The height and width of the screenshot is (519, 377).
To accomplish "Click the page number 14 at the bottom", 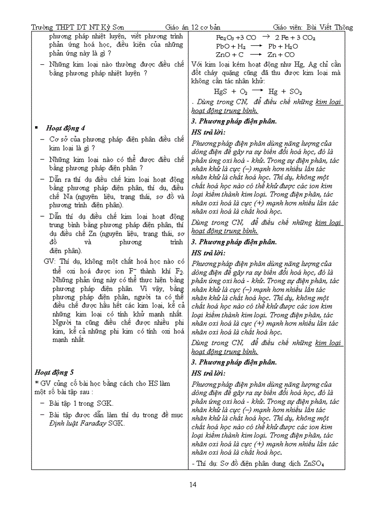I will coord(193,484).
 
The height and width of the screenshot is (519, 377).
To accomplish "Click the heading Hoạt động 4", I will coord(65,128).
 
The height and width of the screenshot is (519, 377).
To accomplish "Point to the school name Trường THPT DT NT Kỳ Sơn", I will coord(77,27).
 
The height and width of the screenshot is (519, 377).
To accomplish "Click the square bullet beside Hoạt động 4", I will coord(36,128).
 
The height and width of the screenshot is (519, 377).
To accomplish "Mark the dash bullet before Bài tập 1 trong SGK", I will coord(42,403).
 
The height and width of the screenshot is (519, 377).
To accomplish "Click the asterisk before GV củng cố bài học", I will coord(37,383).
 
